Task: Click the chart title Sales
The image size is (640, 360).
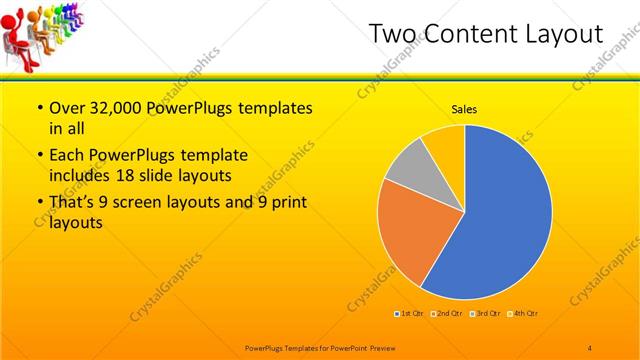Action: click(x=465, y=109)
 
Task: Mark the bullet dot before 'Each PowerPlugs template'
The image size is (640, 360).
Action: click(x=39, y=156)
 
